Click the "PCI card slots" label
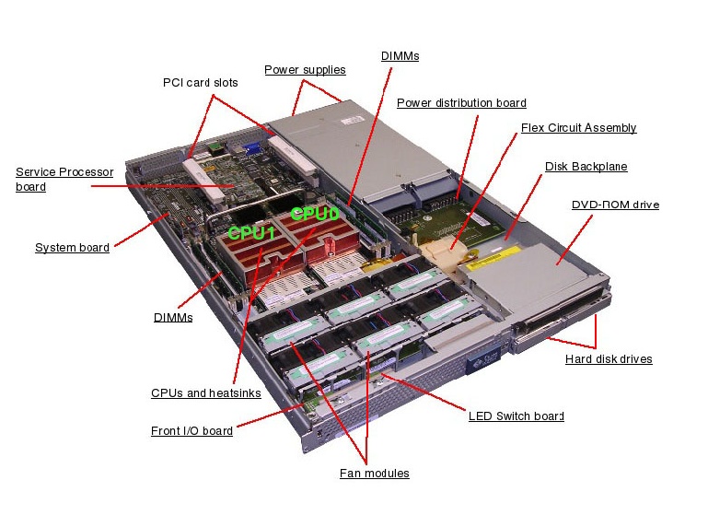200,83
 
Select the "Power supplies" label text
305,70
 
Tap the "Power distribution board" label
461,103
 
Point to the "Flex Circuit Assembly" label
578,128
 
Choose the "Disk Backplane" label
586,167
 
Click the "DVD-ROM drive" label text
615,205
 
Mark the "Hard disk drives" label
608,359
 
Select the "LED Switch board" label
516,416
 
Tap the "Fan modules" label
374,474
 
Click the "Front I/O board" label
192,431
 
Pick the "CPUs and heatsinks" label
205,393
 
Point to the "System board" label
72,248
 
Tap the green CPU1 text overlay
251,234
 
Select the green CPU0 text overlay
315,214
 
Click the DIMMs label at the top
400,56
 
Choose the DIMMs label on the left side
173,318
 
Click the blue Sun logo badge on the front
482,361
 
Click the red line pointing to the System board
139,233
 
